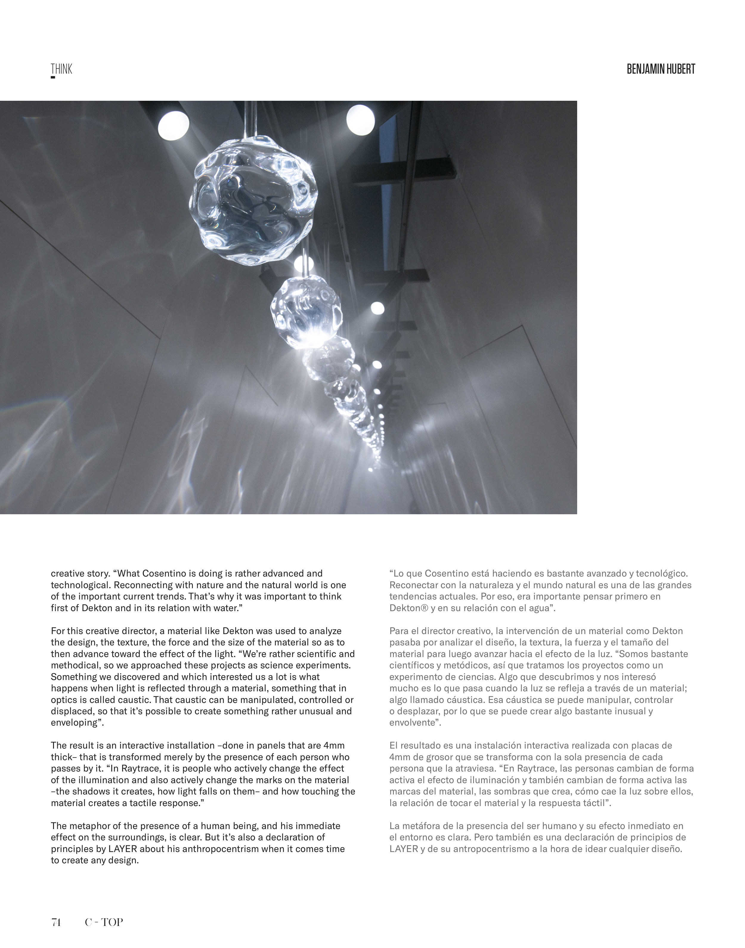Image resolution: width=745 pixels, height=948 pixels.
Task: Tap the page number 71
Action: (56, 922)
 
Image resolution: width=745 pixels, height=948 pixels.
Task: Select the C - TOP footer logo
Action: (104, 922)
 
